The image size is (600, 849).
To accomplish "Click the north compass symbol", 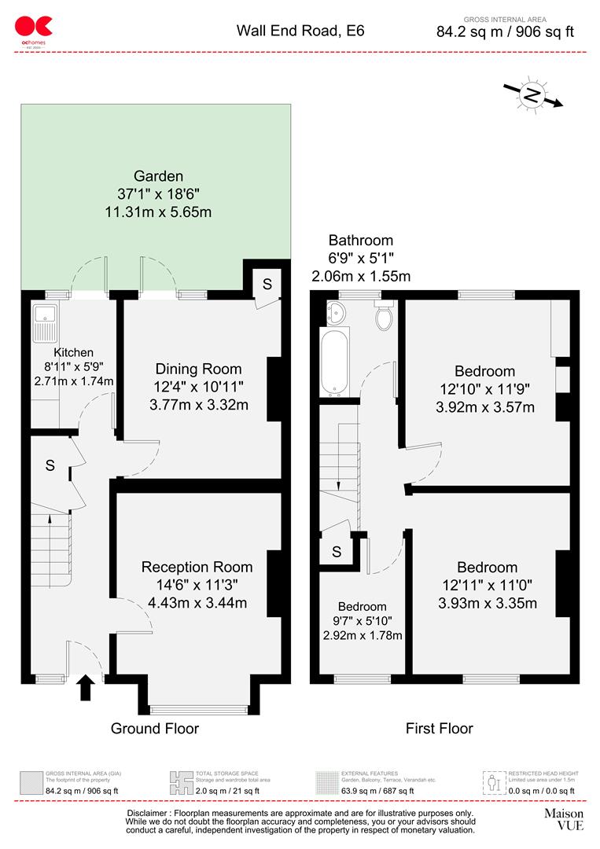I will (x=532, y=96).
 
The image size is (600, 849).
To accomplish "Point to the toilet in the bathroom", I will (x=385, y=316).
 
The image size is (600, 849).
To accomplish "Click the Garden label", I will (x=158, y=176).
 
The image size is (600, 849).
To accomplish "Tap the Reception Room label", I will (x=197, y=567).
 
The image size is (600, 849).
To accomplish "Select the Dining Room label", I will (x=198, y=369).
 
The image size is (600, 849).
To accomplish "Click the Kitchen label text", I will (x=73, y=353).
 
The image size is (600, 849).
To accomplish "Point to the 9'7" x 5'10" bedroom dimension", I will (x=362, y=621).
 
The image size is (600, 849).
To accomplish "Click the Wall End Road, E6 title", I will (x=300, y=31).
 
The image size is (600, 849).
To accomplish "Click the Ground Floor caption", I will (x=154, y=729).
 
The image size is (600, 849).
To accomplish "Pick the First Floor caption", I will (x=439, y=729).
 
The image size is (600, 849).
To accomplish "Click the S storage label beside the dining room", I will (x=267, y=285).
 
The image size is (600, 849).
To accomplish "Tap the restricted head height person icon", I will (x=493, y=782).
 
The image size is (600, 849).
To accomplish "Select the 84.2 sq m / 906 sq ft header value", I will (x=505, y=32).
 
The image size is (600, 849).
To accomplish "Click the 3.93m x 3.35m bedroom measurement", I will (x=488, y=604).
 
